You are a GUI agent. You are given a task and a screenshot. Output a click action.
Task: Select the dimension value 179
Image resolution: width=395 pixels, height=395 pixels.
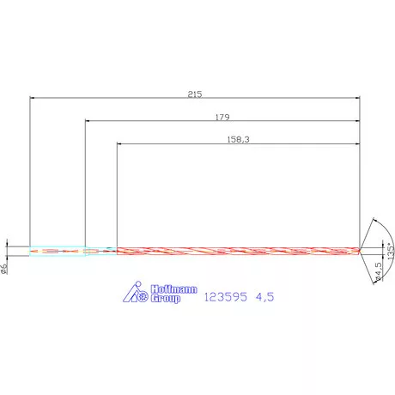222,115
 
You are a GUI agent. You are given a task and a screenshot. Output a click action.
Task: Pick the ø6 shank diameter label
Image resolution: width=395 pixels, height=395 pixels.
5,268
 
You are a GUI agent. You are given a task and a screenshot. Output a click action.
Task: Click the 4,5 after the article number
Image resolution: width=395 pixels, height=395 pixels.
266,296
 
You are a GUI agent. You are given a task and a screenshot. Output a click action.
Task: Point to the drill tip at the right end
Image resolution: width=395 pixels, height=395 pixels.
361,251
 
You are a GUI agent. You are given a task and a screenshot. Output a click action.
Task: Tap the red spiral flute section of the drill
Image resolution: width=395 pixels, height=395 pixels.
236,251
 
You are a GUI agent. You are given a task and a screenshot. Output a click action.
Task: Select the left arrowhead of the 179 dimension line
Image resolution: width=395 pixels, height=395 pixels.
88,120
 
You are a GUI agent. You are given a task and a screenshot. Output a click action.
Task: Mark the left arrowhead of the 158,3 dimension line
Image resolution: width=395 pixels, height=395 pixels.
119,143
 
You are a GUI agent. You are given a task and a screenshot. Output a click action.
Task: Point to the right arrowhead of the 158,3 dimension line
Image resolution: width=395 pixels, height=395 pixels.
358,143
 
